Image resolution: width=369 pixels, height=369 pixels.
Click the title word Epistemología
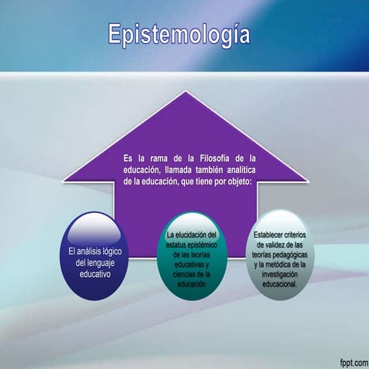click(178, 33)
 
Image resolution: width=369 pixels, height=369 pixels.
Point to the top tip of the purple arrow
click(184, 94)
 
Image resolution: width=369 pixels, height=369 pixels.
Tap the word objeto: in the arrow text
click(244, 181)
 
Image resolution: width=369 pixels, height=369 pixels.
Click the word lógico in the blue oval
click(113, 251)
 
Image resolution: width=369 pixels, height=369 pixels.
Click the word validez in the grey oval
click(269, 244)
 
